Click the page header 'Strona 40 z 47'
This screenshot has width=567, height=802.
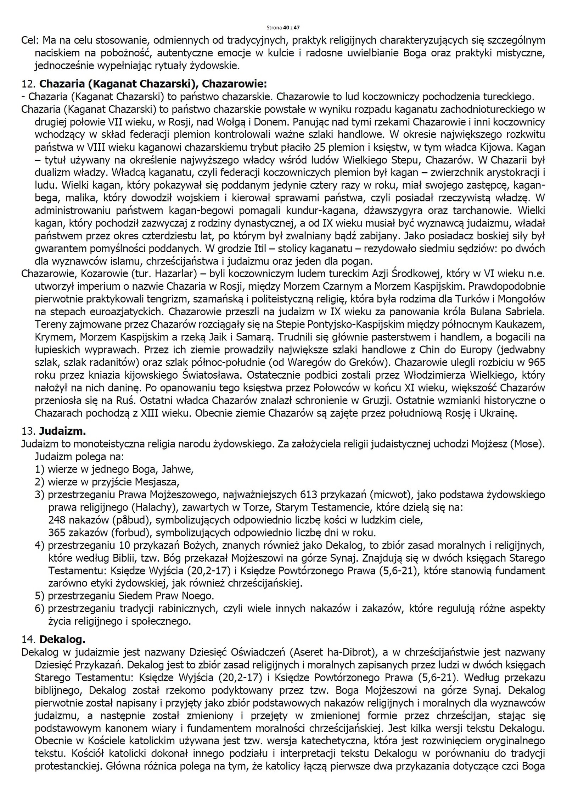coord(283,27)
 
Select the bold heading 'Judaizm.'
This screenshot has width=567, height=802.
coord(62,431)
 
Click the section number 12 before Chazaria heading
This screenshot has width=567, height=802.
coord(27,84)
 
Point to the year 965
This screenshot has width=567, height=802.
coord(535,363)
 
